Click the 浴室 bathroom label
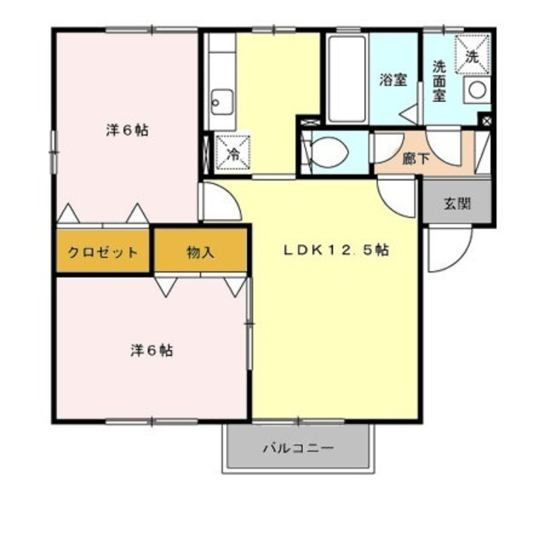click(x=393, y=81)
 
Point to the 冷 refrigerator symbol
click(x=233, y=153)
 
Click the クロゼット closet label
click(x=102, y=252)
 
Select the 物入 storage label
click(x=200, y=252)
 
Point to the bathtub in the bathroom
click(x=346, y=81)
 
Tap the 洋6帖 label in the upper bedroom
click(x=128, y=131)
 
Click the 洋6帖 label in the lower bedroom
click(x=152, y=350)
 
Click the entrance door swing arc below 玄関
click(x=446, y=248)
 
